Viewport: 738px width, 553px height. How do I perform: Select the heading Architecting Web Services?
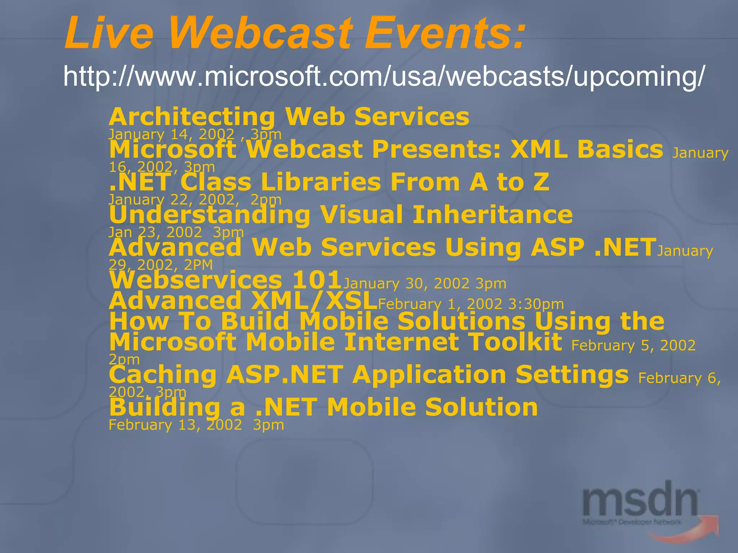coord(289,117)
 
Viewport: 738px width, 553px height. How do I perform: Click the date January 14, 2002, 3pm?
coord(195,134)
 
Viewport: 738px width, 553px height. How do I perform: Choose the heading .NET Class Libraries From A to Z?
coord(329,182)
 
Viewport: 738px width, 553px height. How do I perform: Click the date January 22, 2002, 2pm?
coord(195,199)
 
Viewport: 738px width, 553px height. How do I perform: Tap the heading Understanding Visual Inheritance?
coord(341,215)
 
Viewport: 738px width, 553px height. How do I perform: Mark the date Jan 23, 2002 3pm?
coord(176,232)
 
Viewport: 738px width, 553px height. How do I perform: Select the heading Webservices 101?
coord(225,280)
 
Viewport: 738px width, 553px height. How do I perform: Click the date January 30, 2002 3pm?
coord(424,284)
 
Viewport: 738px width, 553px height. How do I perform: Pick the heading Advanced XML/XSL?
coord(243,301)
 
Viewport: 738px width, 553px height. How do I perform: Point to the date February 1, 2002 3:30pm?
coord(471,304)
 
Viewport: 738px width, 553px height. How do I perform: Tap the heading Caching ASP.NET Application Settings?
coord(368,375)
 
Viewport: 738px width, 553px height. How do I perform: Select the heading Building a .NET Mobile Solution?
coord(323,407)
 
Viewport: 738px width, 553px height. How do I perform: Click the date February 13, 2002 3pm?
coord(196,425)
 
